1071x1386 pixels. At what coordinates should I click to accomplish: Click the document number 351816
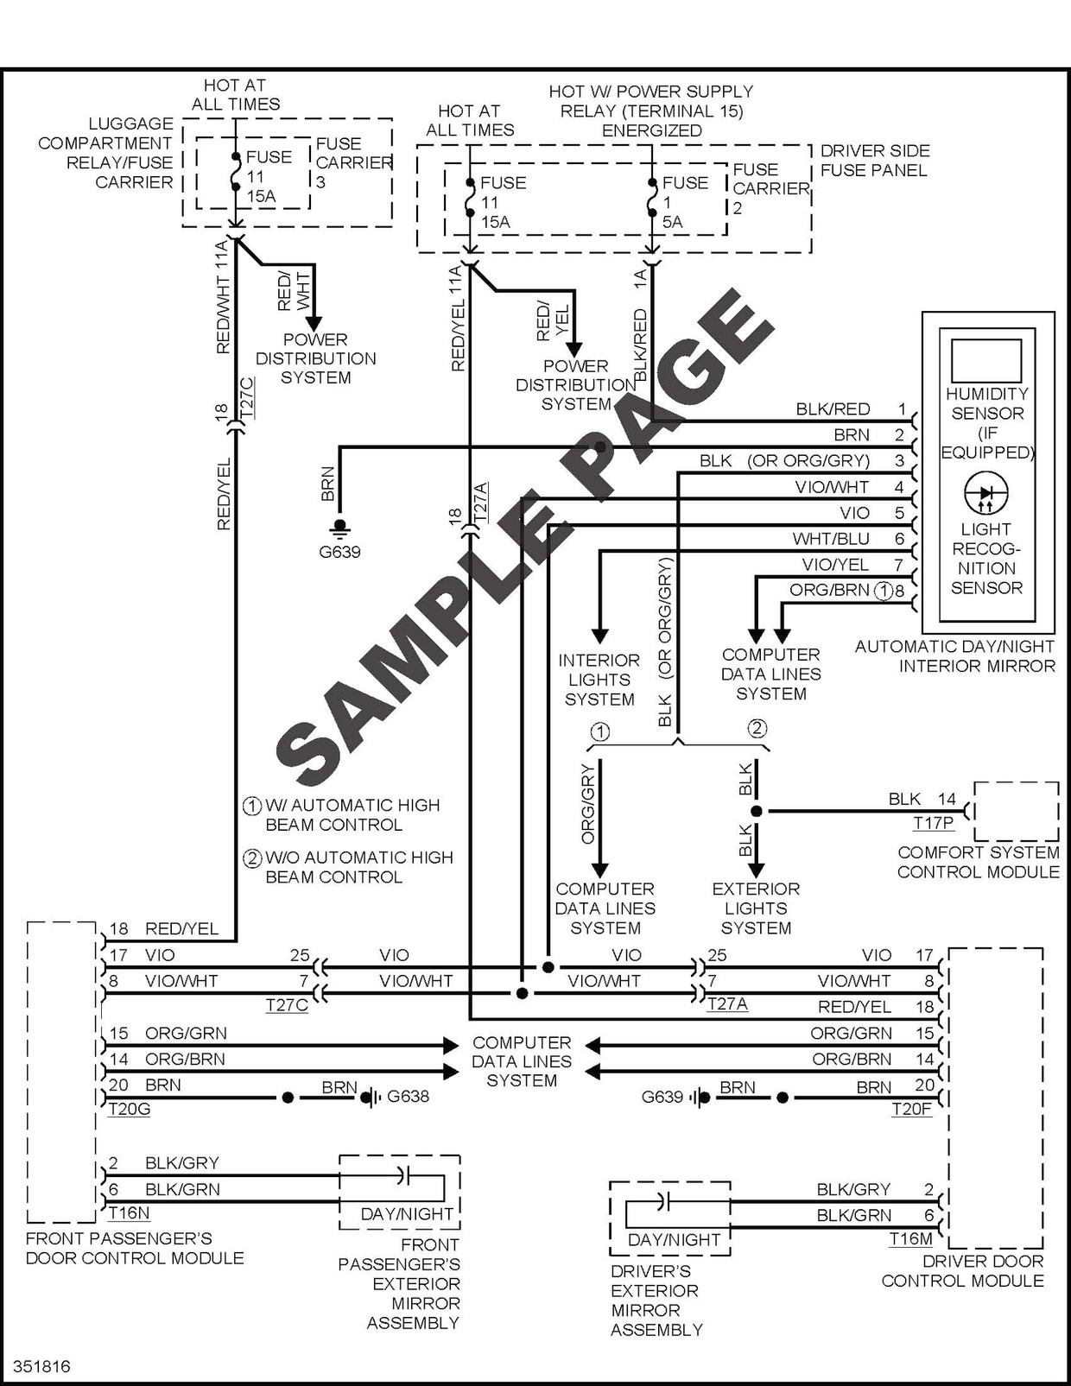point(42,1367)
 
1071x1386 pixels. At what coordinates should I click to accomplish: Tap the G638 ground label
point(408,1097)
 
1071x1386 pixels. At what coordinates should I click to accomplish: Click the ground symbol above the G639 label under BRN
point(340,526)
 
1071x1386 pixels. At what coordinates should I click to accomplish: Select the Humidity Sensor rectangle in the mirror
point(986,360)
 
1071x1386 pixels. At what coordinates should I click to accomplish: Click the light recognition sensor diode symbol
point(985,493)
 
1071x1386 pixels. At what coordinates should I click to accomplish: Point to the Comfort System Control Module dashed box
point(1017,811)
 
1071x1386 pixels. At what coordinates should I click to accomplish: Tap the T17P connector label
point(934,824)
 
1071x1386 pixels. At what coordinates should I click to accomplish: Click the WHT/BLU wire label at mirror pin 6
point(831,539)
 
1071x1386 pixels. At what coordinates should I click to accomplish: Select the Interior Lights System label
point(599,680)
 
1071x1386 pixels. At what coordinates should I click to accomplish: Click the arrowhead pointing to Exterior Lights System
point(756,869)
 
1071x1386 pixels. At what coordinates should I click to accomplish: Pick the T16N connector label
point(129,1213)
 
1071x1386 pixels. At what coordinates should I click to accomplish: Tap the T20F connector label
point(911,1110)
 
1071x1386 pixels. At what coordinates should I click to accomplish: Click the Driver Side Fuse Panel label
point(874,161)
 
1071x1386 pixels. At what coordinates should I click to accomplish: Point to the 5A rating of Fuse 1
point(673,222)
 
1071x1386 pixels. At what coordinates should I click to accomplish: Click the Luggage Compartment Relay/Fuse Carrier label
point(105,153)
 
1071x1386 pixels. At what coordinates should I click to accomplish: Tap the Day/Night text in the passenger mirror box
point(407,1214)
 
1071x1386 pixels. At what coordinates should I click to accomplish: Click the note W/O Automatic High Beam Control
point(358,867)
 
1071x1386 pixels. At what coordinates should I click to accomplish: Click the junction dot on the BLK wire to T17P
point(757,812)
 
